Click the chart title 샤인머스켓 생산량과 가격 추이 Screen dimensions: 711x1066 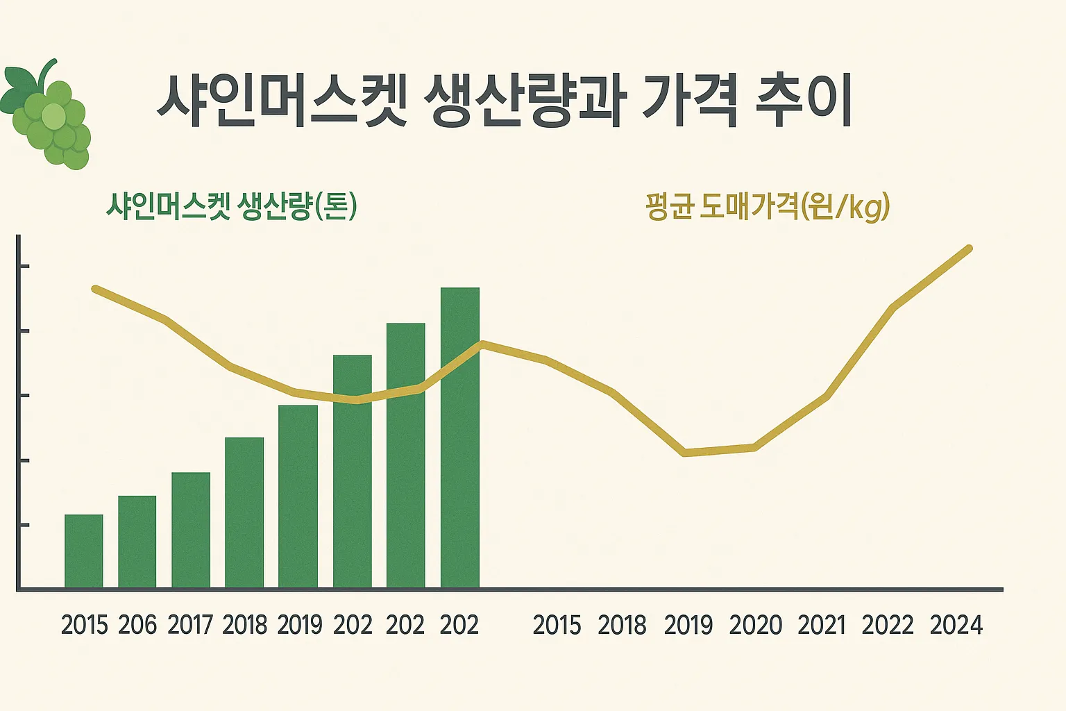[x=504, y=101]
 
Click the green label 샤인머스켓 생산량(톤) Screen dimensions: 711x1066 [x=231, y=206]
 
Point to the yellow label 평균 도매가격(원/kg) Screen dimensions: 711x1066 [x=767, y=206]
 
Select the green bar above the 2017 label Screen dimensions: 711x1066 [x=191, y=530]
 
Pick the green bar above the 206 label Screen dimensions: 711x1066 [x=137, y=542]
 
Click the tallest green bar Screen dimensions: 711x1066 [x=460, y=437]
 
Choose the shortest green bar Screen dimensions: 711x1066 [x=84, y=551]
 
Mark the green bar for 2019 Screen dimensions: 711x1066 [x=298, y=496]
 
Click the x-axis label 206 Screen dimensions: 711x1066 [x=137, y=625]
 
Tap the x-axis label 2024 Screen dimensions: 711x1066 [x=956, y=625]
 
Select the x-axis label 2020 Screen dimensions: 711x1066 [x=755, y=625]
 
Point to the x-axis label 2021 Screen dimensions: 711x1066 [x=822, y=625]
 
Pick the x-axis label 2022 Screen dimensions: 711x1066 [x=888, y=625]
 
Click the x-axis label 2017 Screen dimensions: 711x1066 [x=190, y=625]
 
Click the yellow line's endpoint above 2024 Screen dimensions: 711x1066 [x=969, y=249]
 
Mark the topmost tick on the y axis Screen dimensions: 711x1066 [x=23, y=266]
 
